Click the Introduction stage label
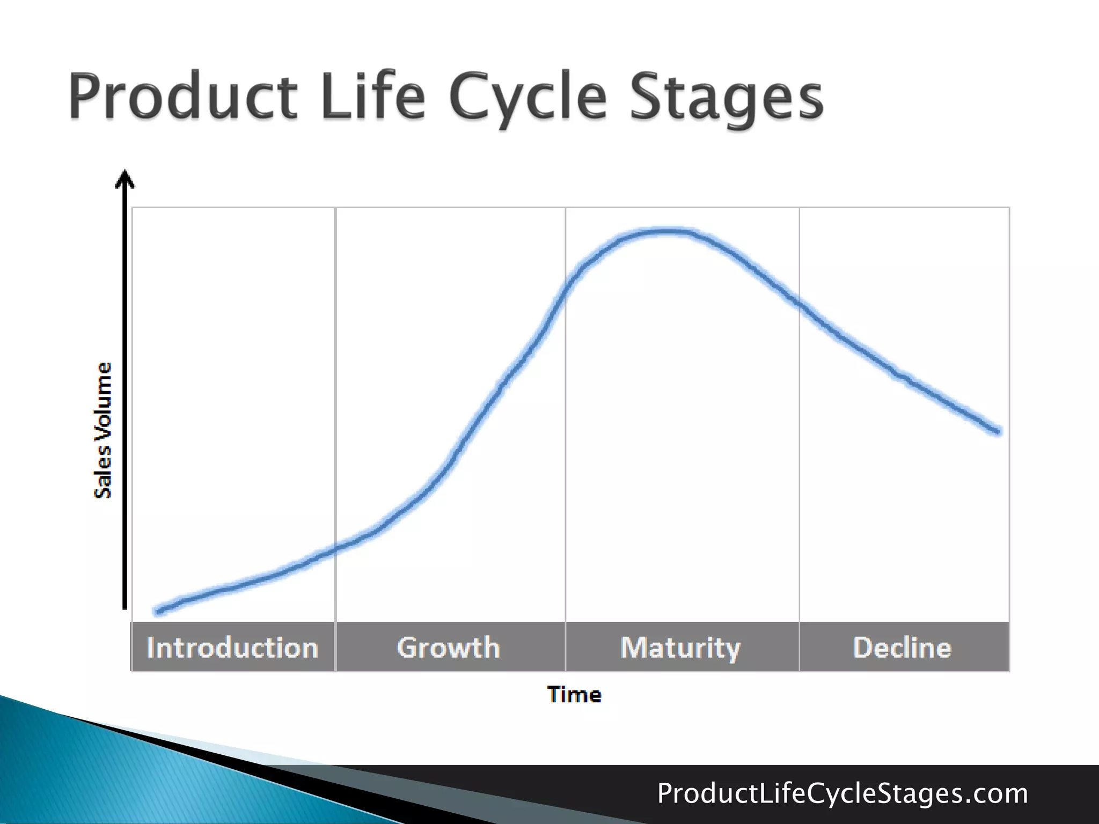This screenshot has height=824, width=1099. [232, 648]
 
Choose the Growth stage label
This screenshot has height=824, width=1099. [449, 648]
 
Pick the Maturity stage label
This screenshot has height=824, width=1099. [680, 648]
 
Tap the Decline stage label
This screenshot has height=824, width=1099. [902, 648]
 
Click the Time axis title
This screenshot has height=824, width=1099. [574, 695]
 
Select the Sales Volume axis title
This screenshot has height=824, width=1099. [103, 430]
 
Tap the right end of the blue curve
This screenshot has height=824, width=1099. [998, 431]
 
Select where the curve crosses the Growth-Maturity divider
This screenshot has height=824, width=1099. [566, 290]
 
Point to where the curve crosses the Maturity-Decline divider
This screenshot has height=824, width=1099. [799, 304]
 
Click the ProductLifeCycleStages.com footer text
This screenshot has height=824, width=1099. [842, 793]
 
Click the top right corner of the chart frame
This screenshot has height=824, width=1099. [1009, 208]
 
